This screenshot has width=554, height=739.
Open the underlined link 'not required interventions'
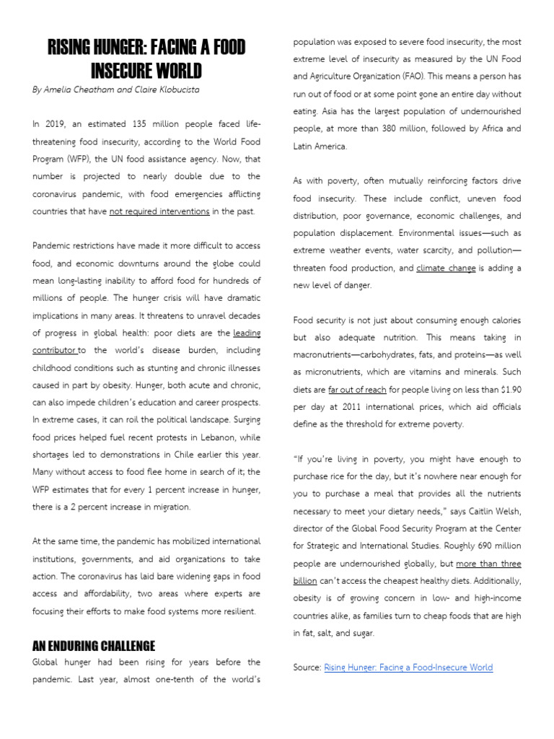pos(159,211)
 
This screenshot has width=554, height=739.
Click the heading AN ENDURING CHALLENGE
pos(94,645)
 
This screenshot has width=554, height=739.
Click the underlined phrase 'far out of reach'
pos(358,390)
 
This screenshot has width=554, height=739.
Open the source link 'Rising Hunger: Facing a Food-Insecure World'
pos(408,668)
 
